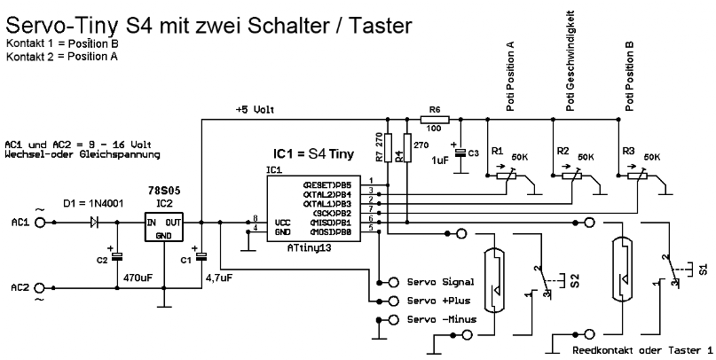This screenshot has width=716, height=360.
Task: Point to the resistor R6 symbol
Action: pos(435,119)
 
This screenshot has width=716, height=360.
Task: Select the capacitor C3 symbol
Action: pos(460,153)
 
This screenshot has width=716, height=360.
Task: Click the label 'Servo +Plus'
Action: pos(433,301)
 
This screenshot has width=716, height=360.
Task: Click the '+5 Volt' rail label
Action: pos(255,110)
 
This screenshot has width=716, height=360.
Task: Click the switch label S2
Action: pos(575,282)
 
